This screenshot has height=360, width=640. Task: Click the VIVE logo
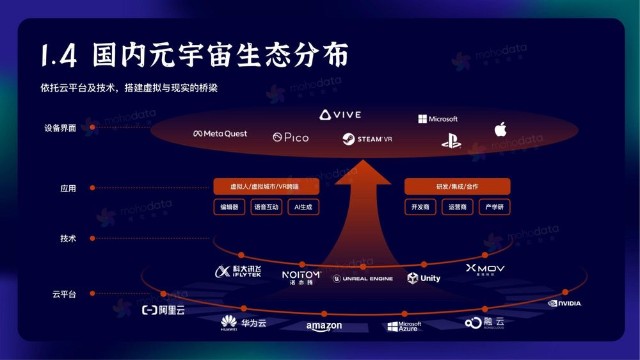(x=340, y=115)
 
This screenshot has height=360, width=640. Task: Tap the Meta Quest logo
(x=220, y=134)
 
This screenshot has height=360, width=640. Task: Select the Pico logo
(x=290, y=137)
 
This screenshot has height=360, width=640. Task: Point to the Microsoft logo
(x=437, y=119)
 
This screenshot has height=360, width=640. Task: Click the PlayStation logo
(x=450, y=140)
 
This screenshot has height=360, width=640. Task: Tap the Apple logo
(x=500, y=129)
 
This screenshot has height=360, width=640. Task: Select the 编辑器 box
(x=229, y=207)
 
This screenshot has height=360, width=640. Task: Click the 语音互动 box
(x=265, y=207)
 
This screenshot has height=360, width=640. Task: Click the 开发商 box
(x=421, y=207)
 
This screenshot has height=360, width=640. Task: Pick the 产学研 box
(x=492, y=207)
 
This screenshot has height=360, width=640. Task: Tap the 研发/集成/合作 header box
(x=457, y=186)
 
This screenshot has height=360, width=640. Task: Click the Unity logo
(x=424, y=278)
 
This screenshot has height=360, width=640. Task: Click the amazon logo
(x=324, y=326)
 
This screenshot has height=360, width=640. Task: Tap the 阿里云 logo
(x=166, y=310)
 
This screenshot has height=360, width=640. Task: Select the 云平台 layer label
(x=64, y=294)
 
